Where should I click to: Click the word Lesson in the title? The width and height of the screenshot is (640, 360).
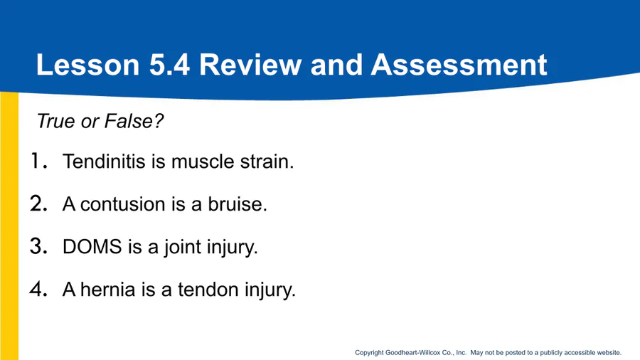point(87,65)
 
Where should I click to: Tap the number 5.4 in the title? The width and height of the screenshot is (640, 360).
point(169,65)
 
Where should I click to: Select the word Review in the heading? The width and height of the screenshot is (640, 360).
point(250,65)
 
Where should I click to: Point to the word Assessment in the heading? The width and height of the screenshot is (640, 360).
point(459,65)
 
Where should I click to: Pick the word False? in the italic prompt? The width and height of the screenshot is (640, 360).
point(134,121)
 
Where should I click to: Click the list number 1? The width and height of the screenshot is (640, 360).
point(39,161)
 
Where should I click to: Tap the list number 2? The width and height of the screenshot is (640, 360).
point(39,203)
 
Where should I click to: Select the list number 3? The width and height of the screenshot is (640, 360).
point(39,246)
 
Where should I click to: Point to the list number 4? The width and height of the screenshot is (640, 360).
point(39,289)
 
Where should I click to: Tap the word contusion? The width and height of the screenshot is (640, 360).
point(122,204)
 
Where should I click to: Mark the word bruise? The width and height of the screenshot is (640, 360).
point(237,204)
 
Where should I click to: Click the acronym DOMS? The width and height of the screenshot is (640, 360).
point(92,247)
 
